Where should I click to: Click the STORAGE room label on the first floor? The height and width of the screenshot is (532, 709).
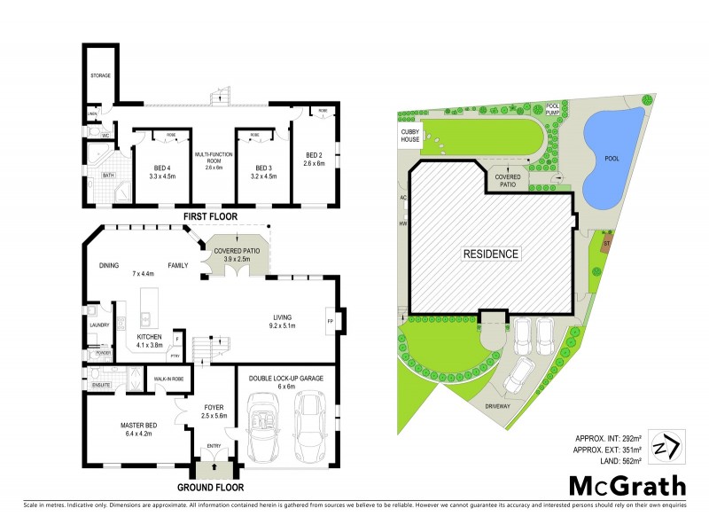pyautogui.click(x=100, y=76)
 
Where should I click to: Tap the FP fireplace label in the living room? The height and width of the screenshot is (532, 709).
pyautogui.click(x=330, y=320)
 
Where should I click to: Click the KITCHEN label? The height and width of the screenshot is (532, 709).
pyautogui.click(x=149, y=337)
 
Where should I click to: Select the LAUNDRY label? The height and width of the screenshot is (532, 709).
pyautogui.click(x=98, y=325)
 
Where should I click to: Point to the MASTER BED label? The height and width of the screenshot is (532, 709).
pyautogui.click(x=138, y=424)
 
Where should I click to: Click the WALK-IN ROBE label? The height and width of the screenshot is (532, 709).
pyautogui.click(x=168, y=379)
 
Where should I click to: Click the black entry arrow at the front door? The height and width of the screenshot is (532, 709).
pyautogui.click(x=214, y=465)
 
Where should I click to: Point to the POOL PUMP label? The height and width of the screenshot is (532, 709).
pyautogui.click(x=553, y=108)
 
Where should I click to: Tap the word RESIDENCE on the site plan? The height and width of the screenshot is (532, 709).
pyautogui.click(x=490, y=254)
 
